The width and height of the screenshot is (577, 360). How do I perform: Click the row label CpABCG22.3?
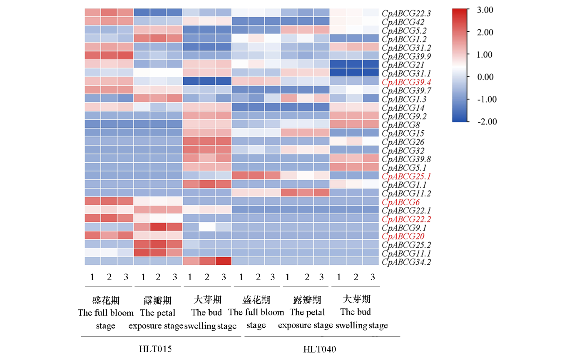point(406,13)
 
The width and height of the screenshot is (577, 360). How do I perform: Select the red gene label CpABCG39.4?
point(406,82)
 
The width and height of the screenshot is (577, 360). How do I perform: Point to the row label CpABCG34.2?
point(406,262)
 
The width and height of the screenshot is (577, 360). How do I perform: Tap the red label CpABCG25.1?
point(406,176)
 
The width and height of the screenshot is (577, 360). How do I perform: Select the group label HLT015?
point(155,349)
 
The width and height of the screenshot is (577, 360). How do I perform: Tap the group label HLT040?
point(320,349)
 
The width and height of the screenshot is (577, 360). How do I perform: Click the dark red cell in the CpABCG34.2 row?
point(224,261)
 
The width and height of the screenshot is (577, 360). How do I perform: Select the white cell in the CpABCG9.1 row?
point(207,227)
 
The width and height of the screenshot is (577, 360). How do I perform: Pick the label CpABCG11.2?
point(406,194)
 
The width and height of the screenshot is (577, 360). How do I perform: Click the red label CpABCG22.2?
point(406,219)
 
